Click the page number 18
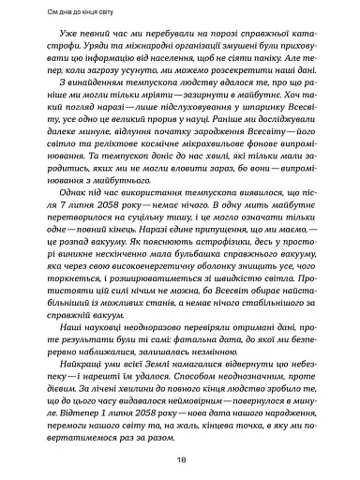tap(179, 460)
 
